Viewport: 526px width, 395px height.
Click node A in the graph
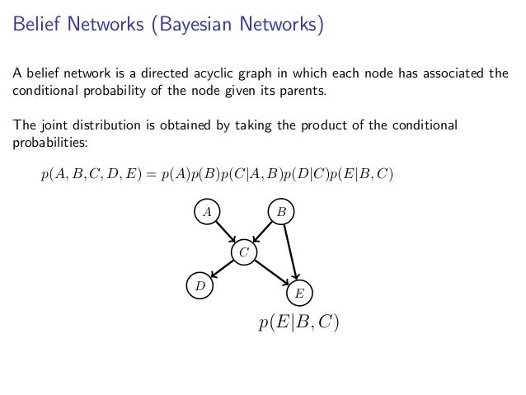208,212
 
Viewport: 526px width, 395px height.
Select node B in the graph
281,212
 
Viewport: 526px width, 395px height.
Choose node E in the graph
299,293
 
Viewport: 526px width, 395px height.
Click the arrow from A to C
226,232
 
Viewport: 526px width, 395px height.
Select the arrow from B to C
263,231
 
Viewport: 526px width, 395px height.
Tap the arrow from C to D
222,268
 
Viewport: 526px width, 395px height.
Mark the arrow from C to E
271,272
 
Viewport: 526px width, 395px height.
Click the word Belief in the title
35,26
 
